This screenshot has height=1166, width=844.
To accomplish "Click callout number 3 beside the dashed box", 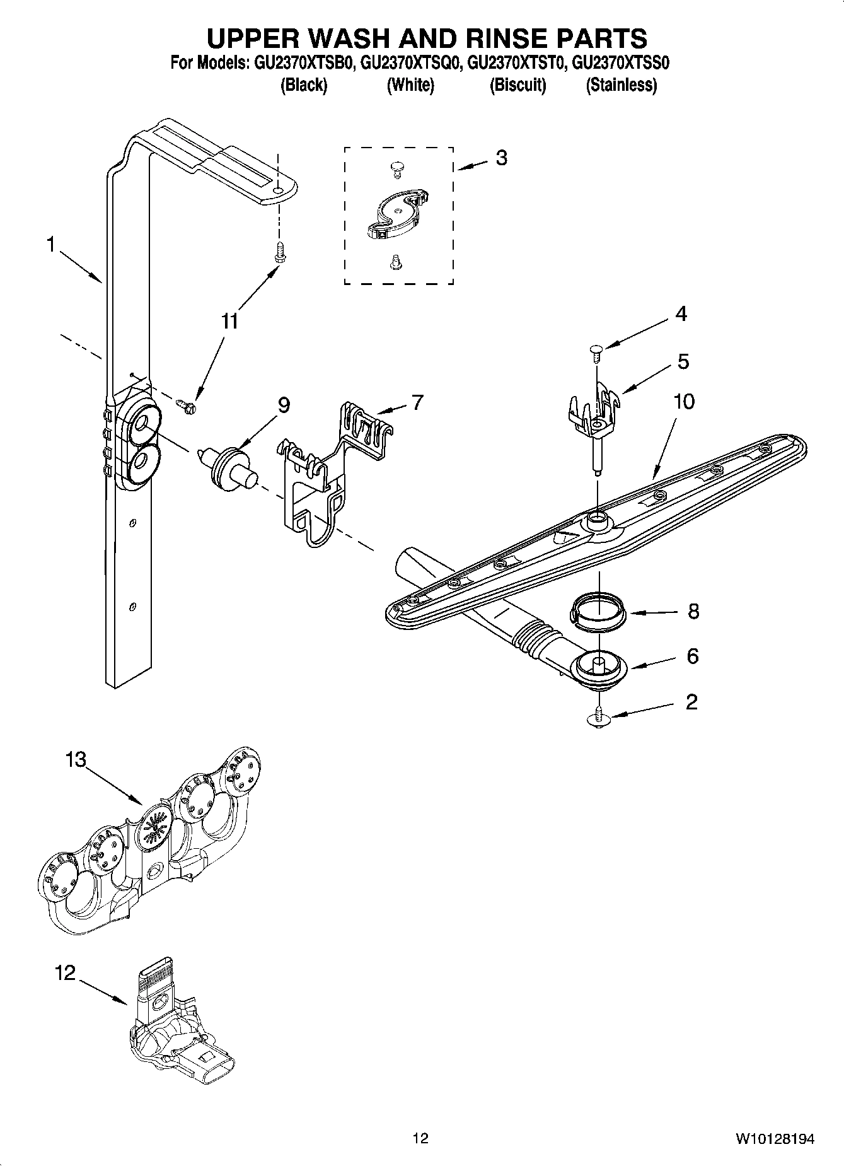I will [501, 158].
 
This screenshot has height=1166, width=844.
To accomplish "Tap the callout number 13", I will [75, 760].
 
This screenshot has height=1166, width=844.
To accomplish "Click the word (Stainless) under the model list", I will [621, 85].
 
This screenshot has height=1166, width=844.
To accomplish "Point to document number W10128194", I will [774, 1139].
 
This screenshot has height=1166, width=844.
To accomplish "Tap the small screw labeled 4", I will [596, 350].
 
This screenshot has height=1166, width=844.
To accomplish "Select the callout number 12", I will [65, 973].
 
